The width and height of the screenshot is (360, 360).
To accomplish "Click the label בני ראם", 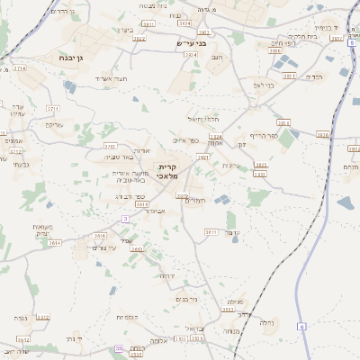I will point(261,85).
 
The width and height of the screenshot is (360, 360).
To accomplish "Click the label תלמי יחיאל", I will point(202,120).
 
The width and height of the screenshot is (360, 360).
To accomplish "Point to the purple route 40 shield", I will point(119,348).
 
